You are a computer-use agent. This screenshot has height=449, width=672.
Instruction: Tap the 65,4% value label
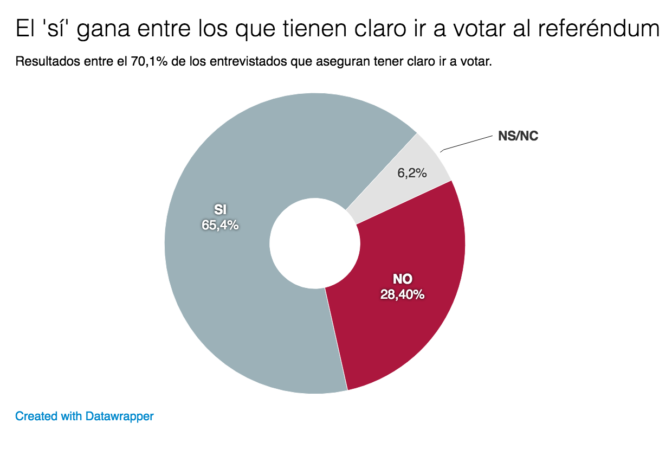(220, 225)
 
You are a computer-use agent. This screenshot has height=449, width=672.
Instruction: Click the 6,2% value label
(412, 173)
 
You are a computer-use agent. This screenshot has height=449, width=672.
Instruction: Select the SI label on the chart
(220, 210)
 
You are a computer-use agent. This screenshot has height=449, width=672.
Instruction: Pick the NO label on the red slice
(402, 279)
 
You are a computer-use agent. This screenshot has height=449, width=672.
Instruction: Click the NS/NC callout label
(518, 136)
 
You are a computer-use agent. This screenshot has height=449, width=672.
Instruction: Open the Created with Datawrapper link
(85, 416)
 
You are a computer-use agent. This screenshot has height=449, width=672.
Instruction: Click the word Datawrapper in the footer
(120, 416)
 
